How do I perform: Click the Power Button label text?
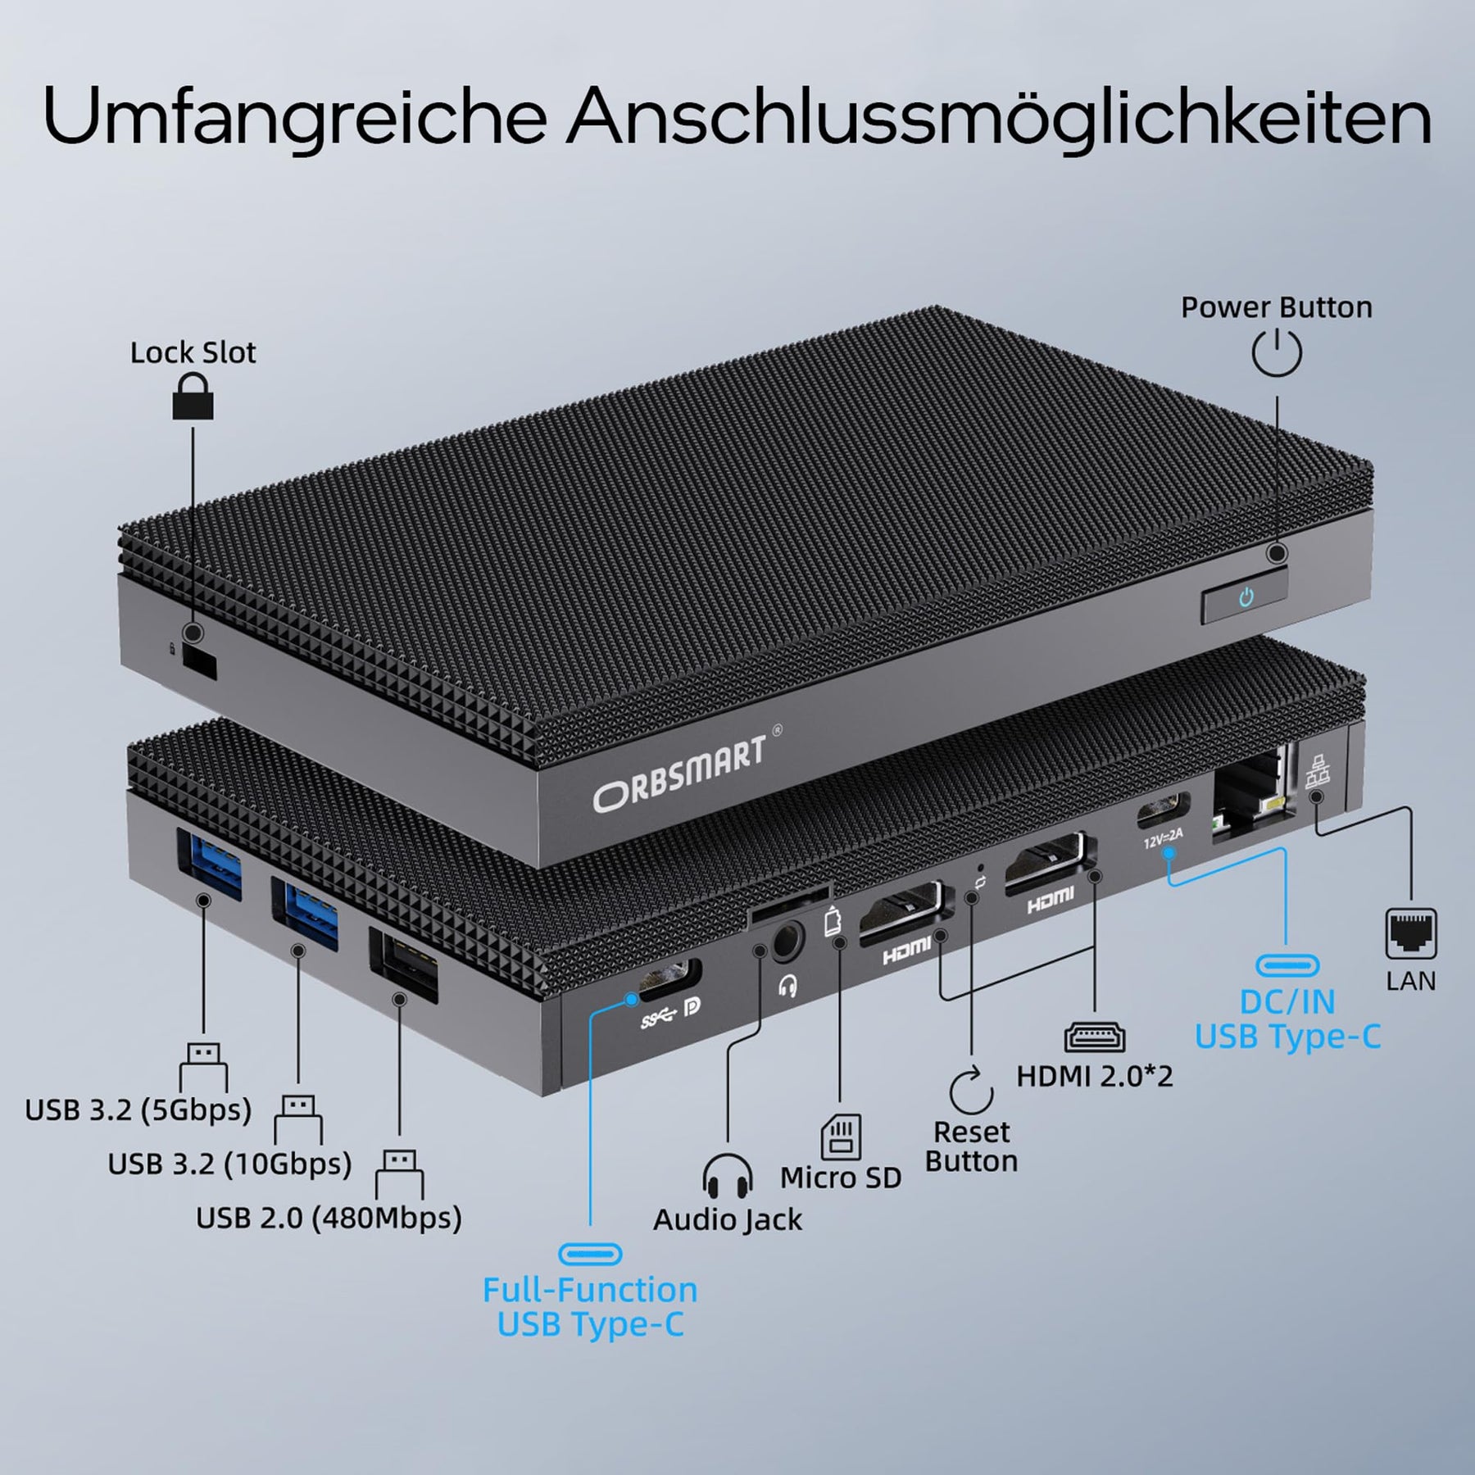1276,307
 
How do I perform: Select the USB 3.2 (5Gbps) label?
138,1110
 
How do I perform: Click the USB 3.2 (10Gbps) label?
229,1164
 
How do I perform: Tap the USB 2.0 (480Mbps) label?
329,1218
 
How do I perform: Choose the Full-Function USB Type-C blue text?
590,1307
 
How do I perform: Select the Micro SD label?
841,1178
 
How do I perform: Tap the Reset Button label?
971,1146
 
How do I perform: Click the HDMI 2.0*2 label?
1095,1076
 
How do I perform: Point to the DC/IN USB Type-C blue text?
1287,1019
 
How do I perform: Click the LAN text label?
1411,981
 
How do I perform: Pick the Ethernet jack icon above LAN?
1411,934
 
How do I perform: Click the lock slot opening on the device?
199,662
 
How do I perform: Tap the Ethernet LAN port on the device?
1250,795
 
